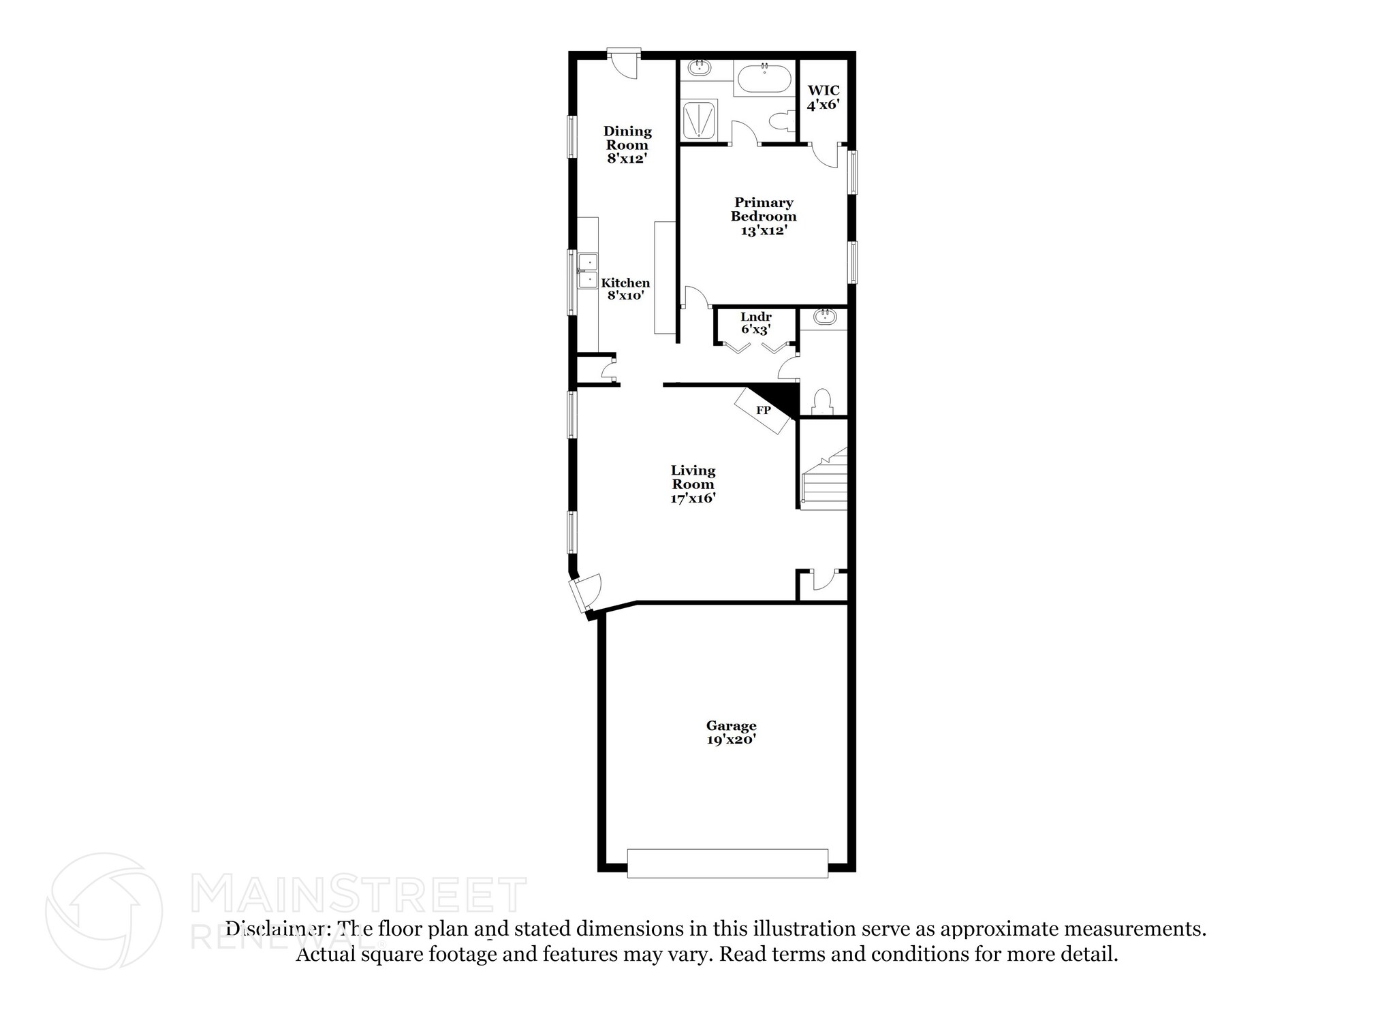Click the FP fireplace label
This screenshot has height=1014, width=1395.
coord(763,411)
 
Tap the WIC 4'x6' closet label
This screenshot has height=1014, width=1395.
coord(823,98)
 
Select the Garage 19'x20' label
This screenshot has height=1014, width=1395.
coord(731,733)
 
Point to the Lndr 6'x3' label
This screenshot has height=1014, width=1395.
coord(755,323)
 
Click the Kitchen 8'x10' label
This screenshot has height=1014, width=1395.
coord(625,289)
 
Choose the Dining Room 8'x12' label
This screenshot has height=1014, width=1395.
coord(627,144)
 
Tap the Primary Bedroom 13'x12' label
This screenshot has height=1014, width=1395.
coord(764,217)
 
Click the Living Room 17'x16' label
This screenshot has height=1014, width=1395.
coord(693,484)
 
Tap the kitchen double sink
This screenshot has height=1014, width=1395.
coord(110,271)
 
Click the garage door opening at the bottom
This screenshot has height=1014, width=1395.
coord(727,863)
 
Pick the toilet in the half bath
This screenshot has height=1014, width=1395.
coord(822,402)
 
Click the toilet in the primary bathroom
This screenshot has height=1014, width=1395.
coord(781,122)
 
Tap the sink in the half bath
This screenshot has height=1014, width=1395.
coord(825,316)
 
